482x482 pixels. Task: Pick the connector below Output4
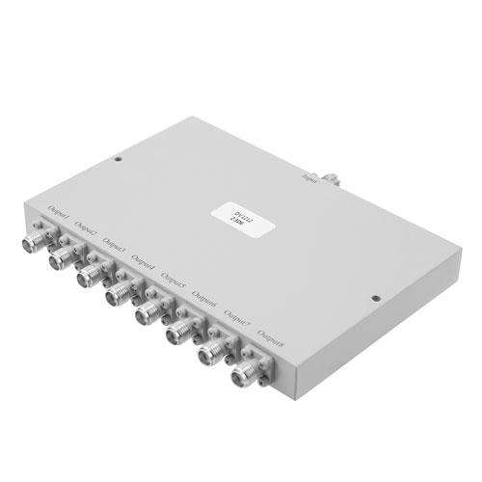pyautogui.click(x=120, y=292)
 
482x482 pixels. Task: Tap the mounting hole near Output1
pyautogui.click(x=117, y=162)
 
